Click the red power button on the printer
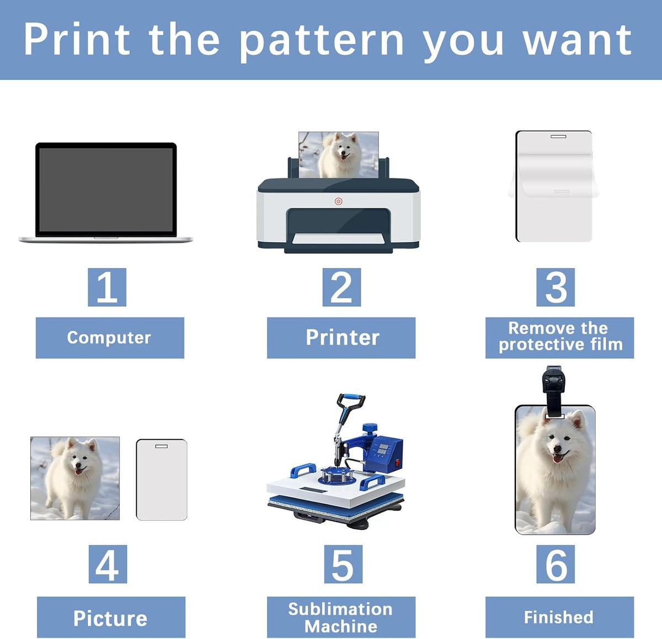point(338,201)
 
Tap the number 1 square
point(107,287)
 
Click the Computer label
point(110,338)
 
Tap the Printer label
point(341,338)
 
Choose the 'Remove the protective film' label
point(559,338)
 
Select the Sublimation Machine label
point(341,617)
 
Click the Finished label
point(559,617)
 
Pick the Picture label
point(111,617)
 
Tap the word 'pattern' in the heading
point(322,41)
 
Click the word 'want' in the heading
point(578,41)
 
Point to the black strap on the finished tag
point(554,391)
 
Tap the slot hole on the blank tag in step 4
point(161,446)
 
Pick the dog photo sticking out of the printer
point(339,155)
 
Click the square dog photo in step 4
point(75,478)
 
